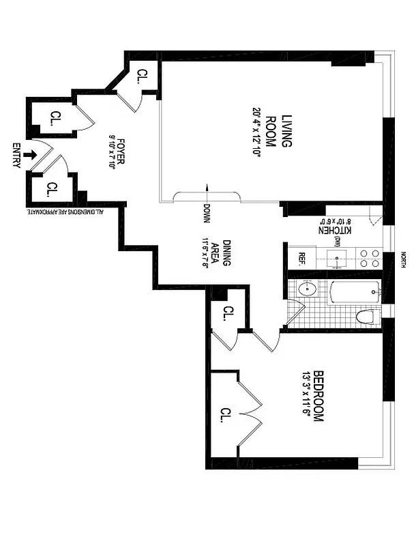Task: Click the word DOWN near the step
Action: [x=206, y=214]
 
